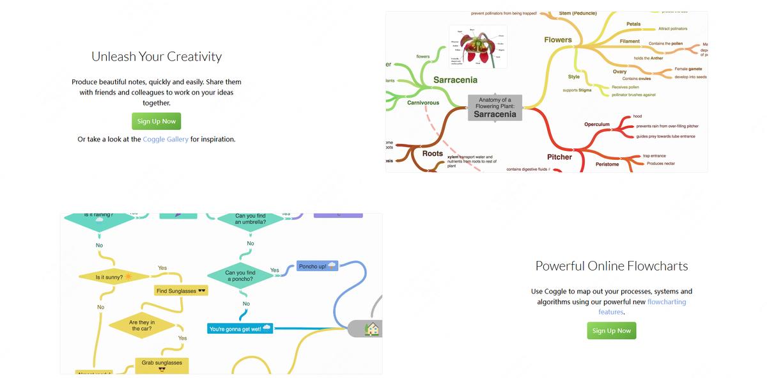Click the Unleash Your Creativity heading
(157, 56)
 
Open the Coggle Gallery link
(166, 139)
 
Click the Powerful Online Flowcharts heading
(612, 266)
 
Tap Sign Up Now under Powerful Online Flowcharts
(612, 331)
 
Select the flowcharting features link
(666, 302)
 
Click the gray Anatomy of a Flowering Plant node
(495, 107)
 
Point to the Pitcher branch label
(559, 157)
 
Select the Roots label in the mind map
(433, 154)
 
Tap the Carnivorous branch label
(423, 102)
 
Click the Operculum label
(597, 124)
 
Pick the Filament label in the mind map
(630, 42)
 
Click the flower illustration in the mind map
(478, 46)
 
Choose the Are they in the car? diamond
(142, 326)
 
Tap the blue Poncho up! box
(318, 266)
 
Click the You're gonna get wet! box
(240, 329)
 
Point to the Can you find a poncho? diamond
(240, 276)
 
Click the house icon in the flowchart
(372, 329)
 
